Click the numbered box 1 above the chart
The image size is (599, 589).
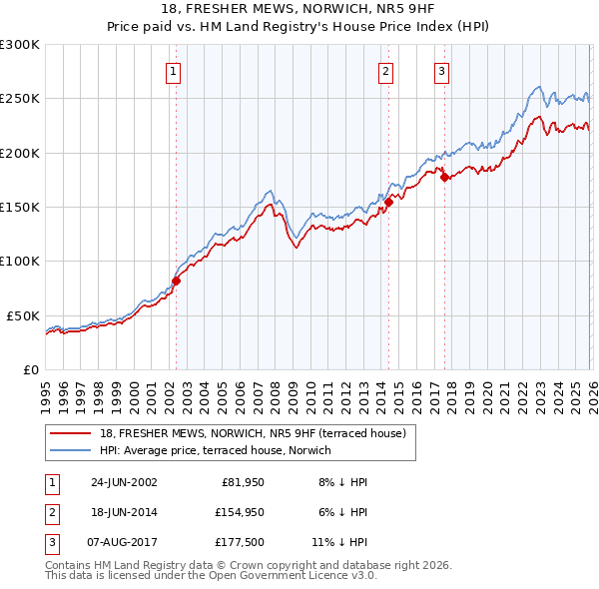tap(174, 71)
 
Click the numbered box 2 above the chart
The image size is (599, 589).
tap(385, 71)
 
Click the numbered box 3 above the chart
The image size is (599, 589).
tap(441, 71)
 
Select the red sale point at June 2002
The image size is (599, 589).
tap(177, 281)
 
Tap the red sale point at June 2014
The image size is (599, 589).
tap(388, 202)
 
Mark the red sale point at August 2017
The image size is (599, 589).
tap(444, 178)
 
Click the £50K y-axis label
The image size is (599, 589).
tap(23, 315)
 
